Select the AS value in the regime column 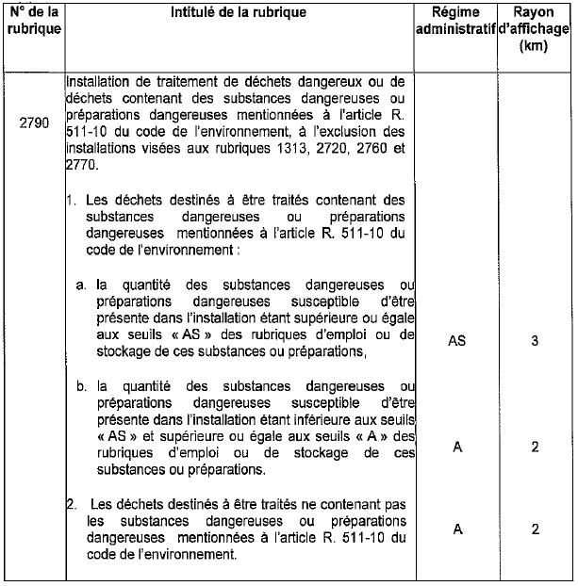(456, 341)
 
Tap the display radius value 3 (535, 341)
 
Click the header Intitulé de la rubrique (239, 13)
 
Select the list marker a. (82, 285)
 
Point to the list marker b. (82, 386)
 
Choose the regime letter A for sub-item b (457, 448)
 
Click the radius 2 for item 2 (535, 529)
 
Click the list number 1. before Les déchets (72, 200)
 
